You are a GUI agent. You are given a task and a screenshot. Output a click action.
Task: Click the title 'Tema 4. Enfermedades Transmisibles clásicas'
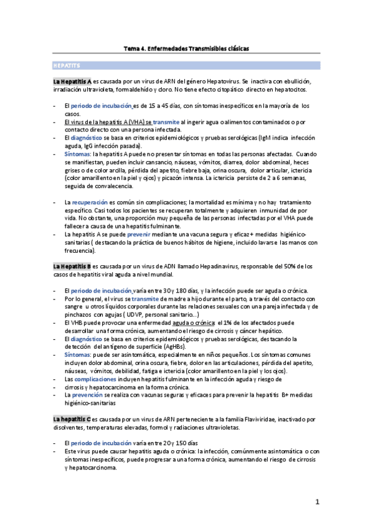[186, 48]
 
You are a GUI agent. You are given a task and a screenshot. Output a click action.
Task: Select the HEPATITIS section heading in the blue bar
[65, 65]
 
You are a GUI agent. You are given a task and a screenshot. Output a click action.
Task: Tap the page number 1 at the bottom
[317, 501]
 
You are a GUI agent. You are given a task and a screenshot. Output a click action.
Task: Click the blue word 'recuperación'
[90, 202]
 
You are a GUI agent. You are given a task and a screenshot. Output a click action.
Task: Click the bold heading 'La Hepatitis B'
[72, 266]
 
